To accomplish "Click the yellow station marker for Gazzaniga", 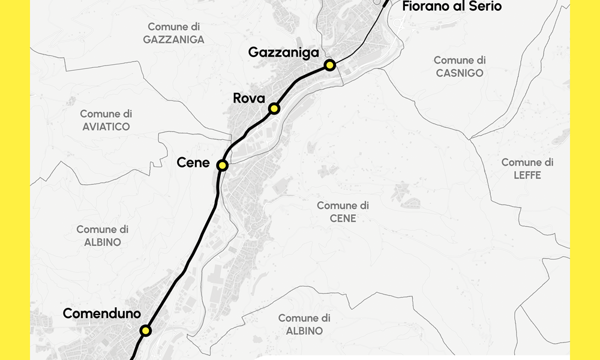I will [x=329, y=65].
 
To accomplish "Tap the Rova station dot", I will [x=274, y=109].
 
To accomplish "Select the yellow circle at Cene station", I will [x=223, y=165].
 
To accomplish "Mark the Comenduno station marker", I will [x=146, y=331].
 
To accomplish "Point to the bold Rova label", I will [x=249, y=98].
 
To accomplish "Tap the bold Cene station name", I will [x=193, y=163].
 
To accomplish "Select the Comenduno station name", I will [x=102, y=314].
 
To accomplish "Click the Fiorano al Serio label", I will [x=452, y=7].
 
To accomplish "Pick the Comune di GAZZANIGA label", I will [x=173, y=34].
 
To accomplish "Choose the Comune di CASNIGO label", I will [x=460, y=67].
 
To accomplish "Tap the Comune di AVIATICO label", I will [x=106, y=120].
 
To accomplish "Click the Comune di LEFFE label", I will [x=527, y=169].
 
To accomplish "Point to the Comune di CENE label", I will [x=343, y=212].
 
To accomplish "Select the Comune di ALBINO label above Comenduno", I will [x=102, y=236].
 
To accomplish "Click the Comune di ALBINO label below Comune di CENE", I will [x=304, y=325].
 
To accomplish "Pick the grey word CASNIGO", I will [x=460, y=73].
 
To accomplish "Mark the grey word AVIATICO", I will [x=106, y=127].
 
